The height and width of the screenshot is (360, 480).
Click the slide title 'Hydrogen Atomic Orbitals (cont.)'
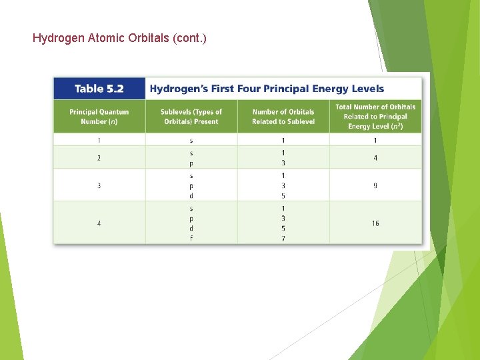[119, 38]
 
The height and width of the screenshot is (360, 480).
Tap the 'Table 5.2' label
[99, 89]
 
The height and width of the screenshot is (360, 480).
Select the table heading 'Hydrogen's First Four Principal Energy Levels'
[267, 89]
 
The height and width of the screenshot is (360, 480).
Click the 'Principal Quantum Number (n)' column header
[99, 117]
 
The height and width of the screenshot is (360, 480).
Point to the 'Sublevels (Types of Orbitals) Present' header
[191, 117]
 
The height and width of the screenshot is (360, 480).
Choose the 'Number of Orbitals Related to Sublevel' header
[283, 117]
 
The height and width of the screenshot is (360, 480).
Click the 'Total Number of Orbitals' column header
[375, 117]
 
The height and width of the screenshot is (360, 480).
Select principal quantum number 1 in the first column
[99, 141]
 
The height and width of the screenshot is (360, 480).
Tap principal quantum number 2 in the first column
[99, 158]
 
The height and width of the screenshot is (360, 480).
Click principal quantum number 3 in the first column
[99, 185]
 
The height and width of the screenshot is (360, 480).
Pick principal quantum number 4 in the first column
[99, 223]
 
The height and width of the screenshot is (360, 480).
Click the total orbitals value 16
[375, 223]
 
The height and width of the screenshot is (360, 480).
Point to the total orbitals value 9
[375, 185]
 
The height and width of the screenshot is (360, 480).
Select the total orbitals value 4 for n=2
[375, 158]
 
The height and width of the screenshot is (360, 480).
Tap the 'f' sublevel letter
[191, 239]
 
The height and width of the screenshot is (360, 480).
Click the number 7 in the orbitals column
[283, 239]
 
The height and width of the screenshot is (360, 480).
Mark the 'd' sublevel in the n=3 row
[191, 196]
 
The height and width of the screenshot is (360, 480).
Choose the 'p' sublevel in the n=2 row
[191, 163]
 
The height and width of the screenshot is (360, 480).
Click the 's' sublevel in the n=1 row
[191, 141]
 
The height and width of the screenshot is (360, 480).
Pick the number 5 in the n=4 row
[283, 228]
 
